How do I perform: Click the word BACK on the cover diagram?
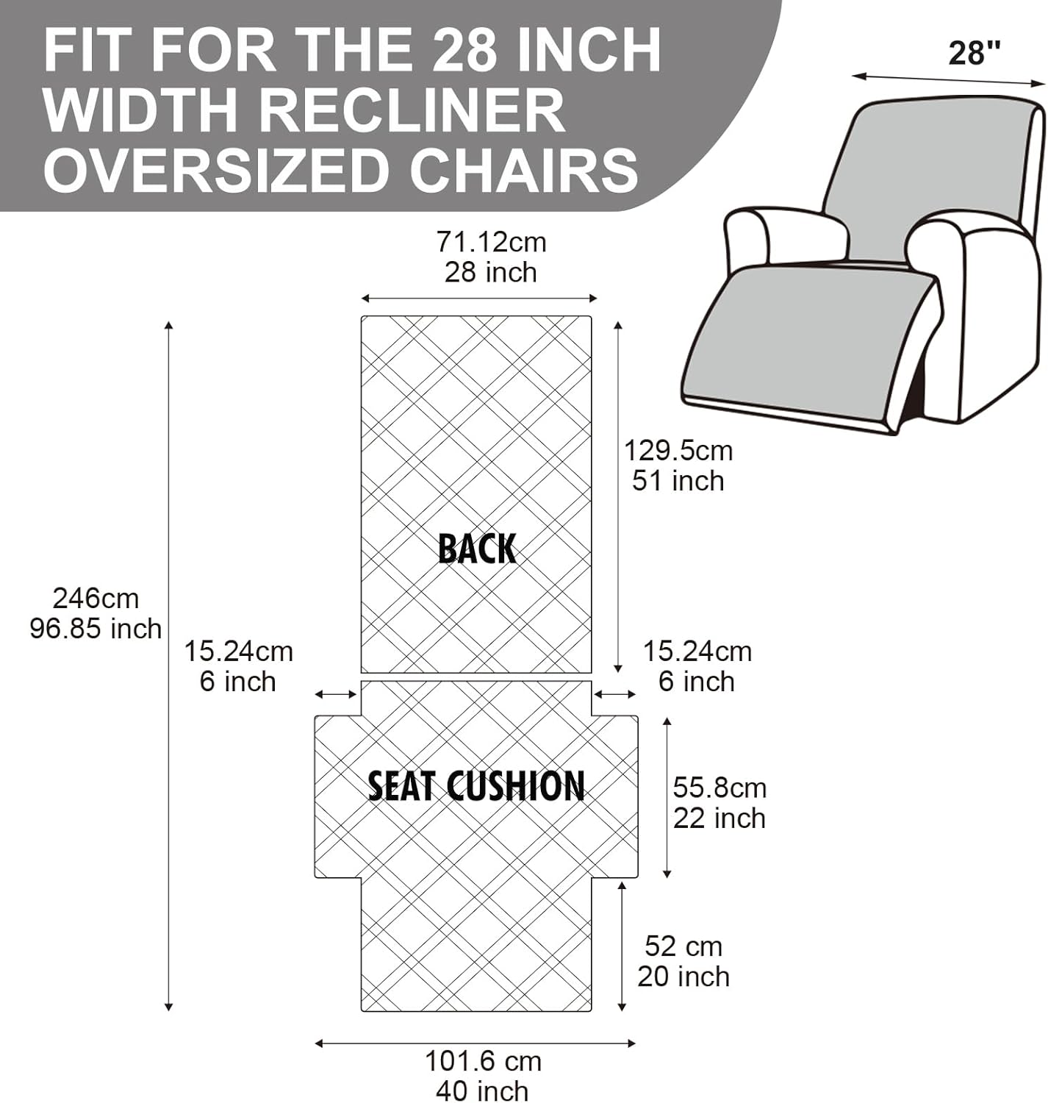pyautogui.click(x=477, y=549)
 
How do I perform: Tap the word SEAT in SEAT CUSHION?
pyautogui.click(x=401, y=786)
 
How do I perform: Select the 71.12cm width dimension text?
pyautogui.click(x=491, y=242)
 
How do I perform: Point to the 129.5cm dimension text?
pyautogui.click(x=678, y=450)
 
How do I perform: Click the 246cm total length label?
pyautogui.click(x=96, y=599)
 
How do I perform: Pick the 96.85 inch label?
pyautogui.click(x=96, y=629)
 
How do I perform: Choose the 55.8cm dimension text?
pyautogui.click(x=719, y=788)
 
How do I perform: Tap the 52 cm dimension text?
pyautogui.click(x=683, y=946)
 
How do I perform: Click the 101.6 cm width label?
pyautogui.click(x=483, y=1061)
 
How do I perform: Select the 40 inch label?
pyautogui.click(x=482, y=1090)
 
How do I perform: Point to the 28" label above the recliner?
pyautogui.click(x=975, y=53)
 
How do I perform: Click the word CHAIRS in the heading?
pyautogui.click(x=523, y=170)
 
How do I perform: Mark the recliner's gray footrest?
pyautogui.click(x=801, y=338)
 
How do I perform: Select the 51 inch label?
pyautogui.click(x=678, y=481)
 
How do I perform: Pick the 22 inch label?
pyautogui.click(x=719, y=818)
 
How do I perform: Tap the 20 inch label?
pyautogui.click(x=683, y=977)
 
